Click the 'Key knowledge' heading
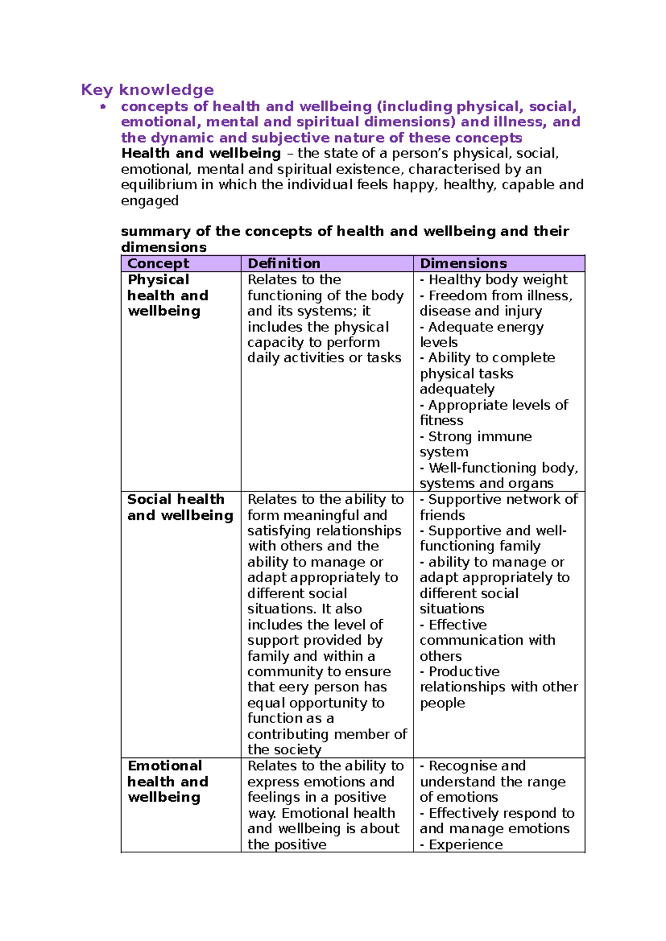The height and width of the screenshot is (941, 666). (x=147, y=89)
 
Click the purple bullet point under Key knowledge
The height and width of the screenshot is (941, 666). (x=103, y=107)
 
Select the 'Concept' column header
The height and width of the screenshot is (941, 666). (x=158, y=264)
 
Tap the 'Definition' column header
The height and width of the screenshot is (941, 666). (x=284, y=264)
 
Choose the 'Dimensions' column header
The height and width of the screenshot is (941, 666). (x=463, y=264)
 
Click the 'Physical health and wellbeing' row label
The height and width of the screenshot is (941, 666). (x=168, y=295)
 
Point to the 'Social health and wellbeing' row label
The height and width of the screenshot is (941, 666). (x=180, y=507)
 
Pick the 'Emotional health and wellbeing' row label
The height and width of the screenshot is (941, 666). (x=168, y=781)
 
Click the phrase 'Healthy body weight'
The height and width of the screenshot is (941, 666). (x=498, y=280)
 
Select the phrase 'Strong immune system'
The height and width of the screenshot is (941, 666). (x=476, y=444)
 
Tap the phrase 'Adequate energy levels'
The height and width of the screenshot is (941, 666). (x=482, y=335)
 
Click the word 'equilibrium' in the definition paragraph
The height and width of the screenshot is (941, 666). (x=159, y=185)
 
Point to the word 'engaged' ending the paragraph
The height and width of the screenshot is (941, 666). (x=149, y=201)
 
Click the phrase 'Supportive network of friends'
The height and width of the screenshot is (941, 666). (x=498, y=507)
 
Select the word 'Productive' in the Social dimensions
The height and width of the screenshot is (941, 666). (x=464, y=672)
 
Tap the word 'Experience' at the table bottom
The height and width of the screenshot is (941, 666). (x=466, y=844)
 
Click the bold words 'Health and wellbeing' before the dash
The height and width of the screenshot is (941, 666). (x=201, y=153)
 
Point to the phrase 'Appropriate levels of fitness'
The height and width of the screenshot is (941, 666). (x=494, y=413)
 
